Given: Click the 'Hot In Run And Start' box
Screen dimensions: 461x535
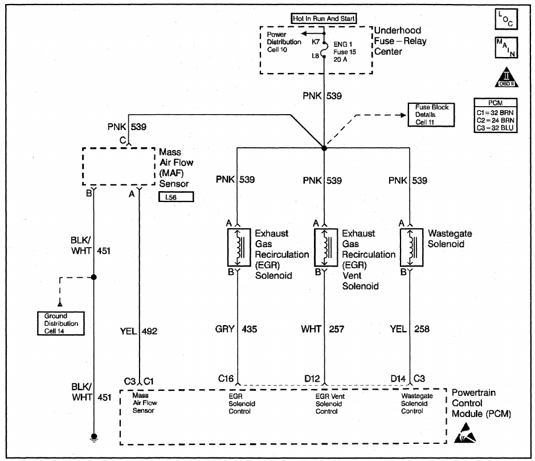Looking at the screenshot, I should click(x=324, y=18).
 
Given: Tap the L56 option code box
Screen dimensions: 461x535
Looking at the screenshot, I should click(x=177, y=197).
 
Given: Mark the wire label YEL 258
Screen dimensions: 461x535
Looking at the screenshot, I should click(x=408, y=329).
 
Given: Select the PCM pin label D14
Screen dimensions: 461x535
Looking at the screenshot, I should click(x=398, y=378).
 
